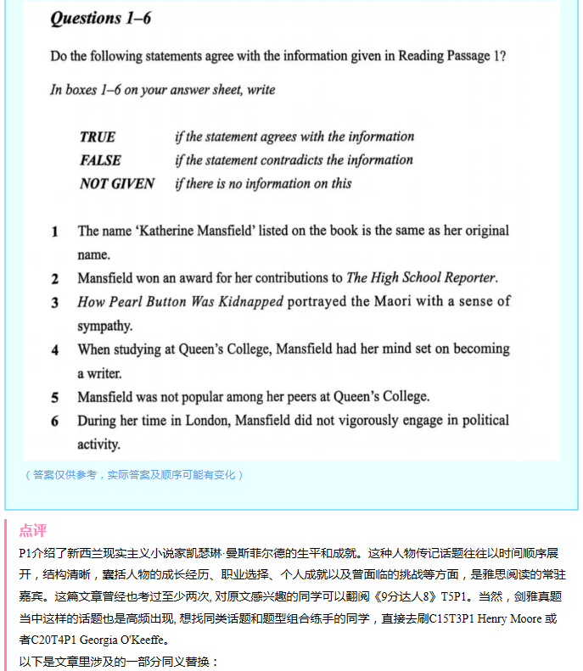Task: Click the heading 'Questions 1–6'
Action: tap(101, 19)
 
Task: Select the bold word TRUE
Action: tap(98, 137)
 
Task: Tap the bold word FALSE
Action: tap(100, 159)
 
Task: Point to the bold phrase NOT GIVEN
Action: tap(117, 183)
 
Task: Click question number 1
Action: tap(55, 231)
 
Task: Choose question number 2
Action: tap(55, 278)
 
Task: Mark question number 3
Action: tap(55, 302)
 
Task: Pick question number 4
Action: tap(55, 349)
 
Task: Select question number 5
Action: tap(55, 397)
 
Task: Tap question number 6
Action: tap(55, 421)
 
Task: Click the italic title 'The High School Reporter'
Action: tap(421, 277)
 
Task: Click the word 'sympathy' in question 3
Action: tap(105, 326)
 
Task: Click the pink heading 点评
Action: tap(33, 530)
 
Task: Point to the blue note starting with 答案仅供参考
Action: tap(133, 474)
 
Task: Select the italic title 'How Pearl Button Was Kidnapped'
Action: tap(180, 301)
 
